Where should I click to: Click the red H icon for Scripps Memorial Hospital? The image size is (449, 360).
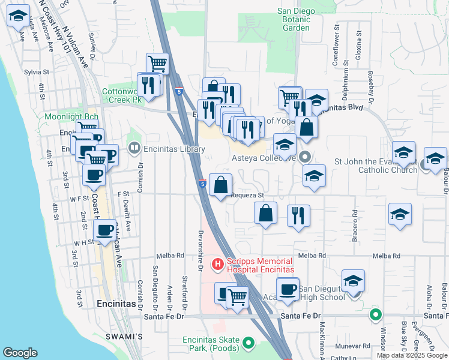coord(218,263)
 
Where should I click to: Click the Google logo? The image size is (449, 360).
coord(20,353)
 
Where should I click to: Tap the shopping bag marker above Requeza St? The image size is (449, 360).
coord(221,184)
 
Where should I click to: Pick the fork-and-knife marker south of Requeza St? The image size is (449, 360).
coord(298,215)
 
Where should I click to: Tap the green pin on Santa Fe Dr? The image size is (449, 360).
coord(376,314)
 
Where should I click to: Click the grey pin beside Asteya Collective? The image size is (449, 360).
coord(305,158)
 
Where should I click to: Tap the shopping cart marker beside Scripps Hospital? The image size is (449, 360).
coord(238,296)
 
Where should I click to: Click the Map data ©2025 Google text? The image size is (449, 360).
coord(411,355)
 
